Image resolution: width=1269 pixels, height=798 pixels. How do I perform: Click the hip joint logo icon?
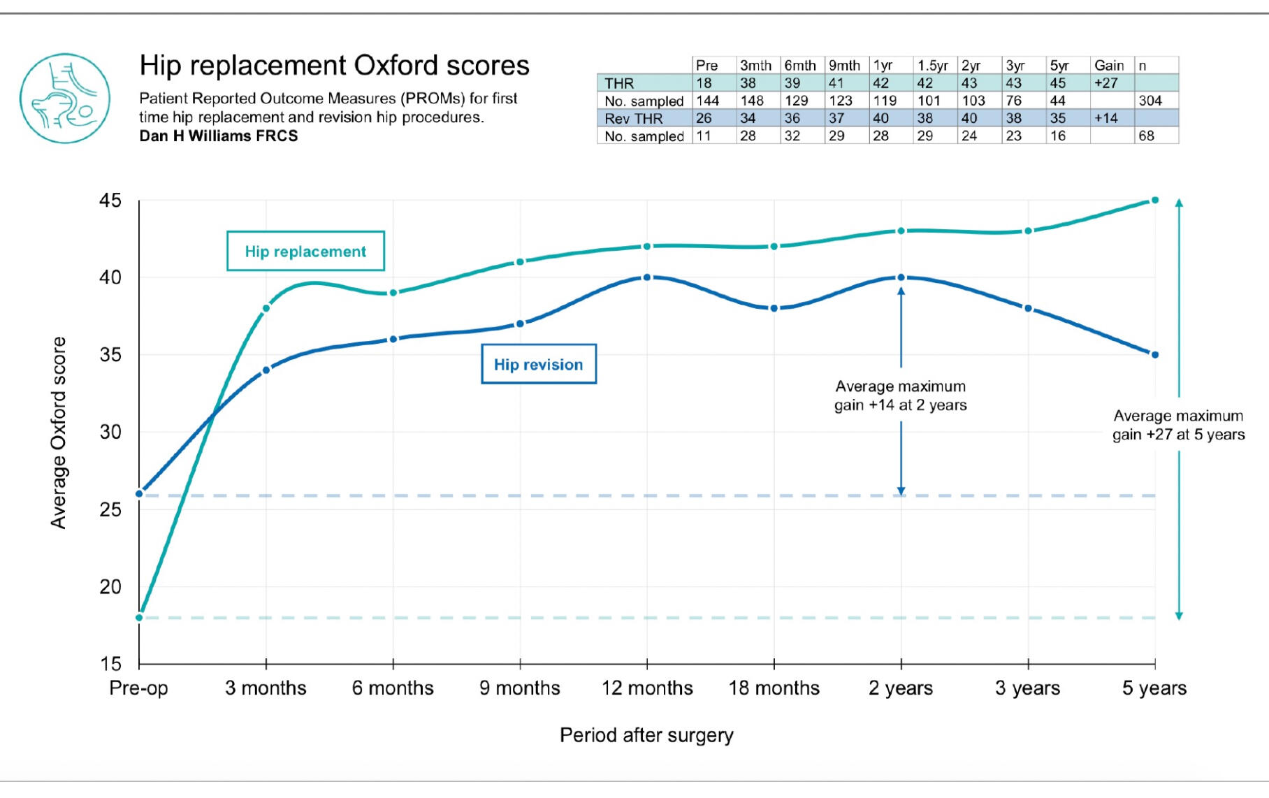(64, 99)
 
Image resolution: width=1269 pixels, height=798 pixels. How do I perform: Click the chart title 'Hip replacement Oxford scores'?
(334, 66)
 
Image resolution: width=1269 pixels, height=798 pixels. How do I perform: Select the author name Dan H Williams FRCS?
(219, 136)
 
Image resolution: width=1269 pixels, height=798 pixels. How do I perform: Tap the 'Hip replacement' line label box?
(305, 252)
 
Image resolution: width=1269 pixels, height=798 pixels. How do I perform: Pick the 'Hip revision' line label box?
(538, 364)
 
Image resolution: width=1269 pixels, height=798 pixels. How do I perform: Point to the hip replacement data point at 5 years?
(1154, 201)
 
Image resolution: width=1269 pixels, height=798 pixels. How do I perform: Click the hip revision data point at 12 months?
(647, 277)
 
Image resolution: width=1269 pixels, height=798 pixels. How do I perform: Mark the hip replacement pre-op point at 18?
(139, 617)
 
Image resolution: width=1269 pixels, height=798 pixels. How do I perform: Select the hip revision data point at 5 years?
(1154, 355)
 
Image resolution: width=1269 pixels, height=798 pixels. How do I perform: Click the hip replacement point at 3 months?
(266, 308)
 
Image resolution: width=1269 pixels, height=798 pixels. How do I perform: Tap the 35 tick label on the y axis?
(110, 355)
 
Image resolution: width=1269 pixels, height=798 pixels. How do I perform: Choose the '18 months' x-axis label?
(774, 688)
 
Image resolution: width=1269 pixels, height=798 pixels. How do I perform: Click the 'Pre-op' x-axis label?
(138, 688)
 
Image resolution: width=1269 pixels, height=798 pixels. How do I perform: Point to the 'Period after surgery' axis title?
(646, 735)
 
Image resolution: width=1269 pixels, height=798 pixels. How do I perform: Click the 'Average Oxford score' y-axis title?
(59, 433)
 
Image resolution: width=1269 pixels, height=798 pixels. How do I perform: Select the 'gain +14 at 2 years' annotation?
(900, 405)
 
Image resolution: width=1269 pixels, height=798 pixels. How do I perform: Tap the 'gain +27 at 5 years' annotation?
(1178, 435)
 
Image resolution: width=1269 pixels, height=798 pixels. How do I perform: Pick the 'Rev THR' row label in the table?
(633, 119)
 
